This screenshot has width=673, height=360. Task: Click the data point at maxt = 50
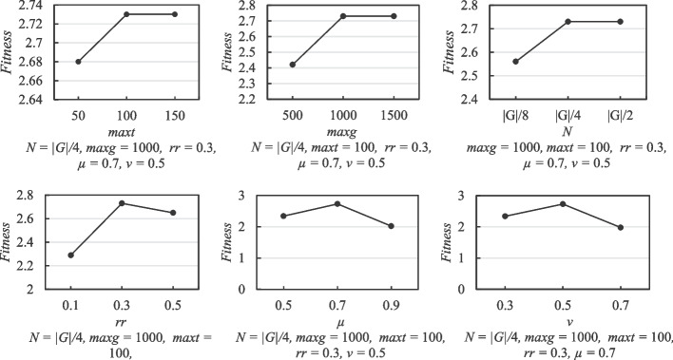(x=79, y=62)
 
